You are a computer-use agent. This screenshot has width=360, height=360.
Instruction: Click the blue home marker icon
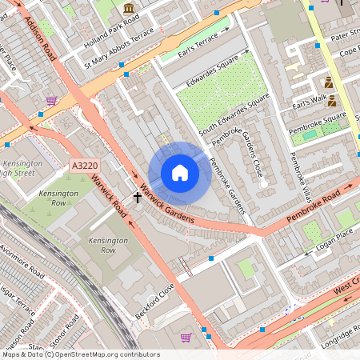(x=180, y=173)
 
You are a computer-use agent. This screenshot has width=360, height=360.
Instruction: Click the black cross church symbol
(x=137, y=196)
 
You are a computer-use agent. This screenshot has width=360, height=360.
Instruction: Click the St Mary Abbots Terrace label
(x=119, y=53)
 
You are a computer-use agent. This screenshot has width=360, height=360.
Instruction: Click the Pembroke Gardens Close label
(x=249, y=156)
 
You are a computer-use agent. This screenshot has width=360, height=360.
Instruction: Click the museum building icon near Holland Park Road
(x=129, y=9)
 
